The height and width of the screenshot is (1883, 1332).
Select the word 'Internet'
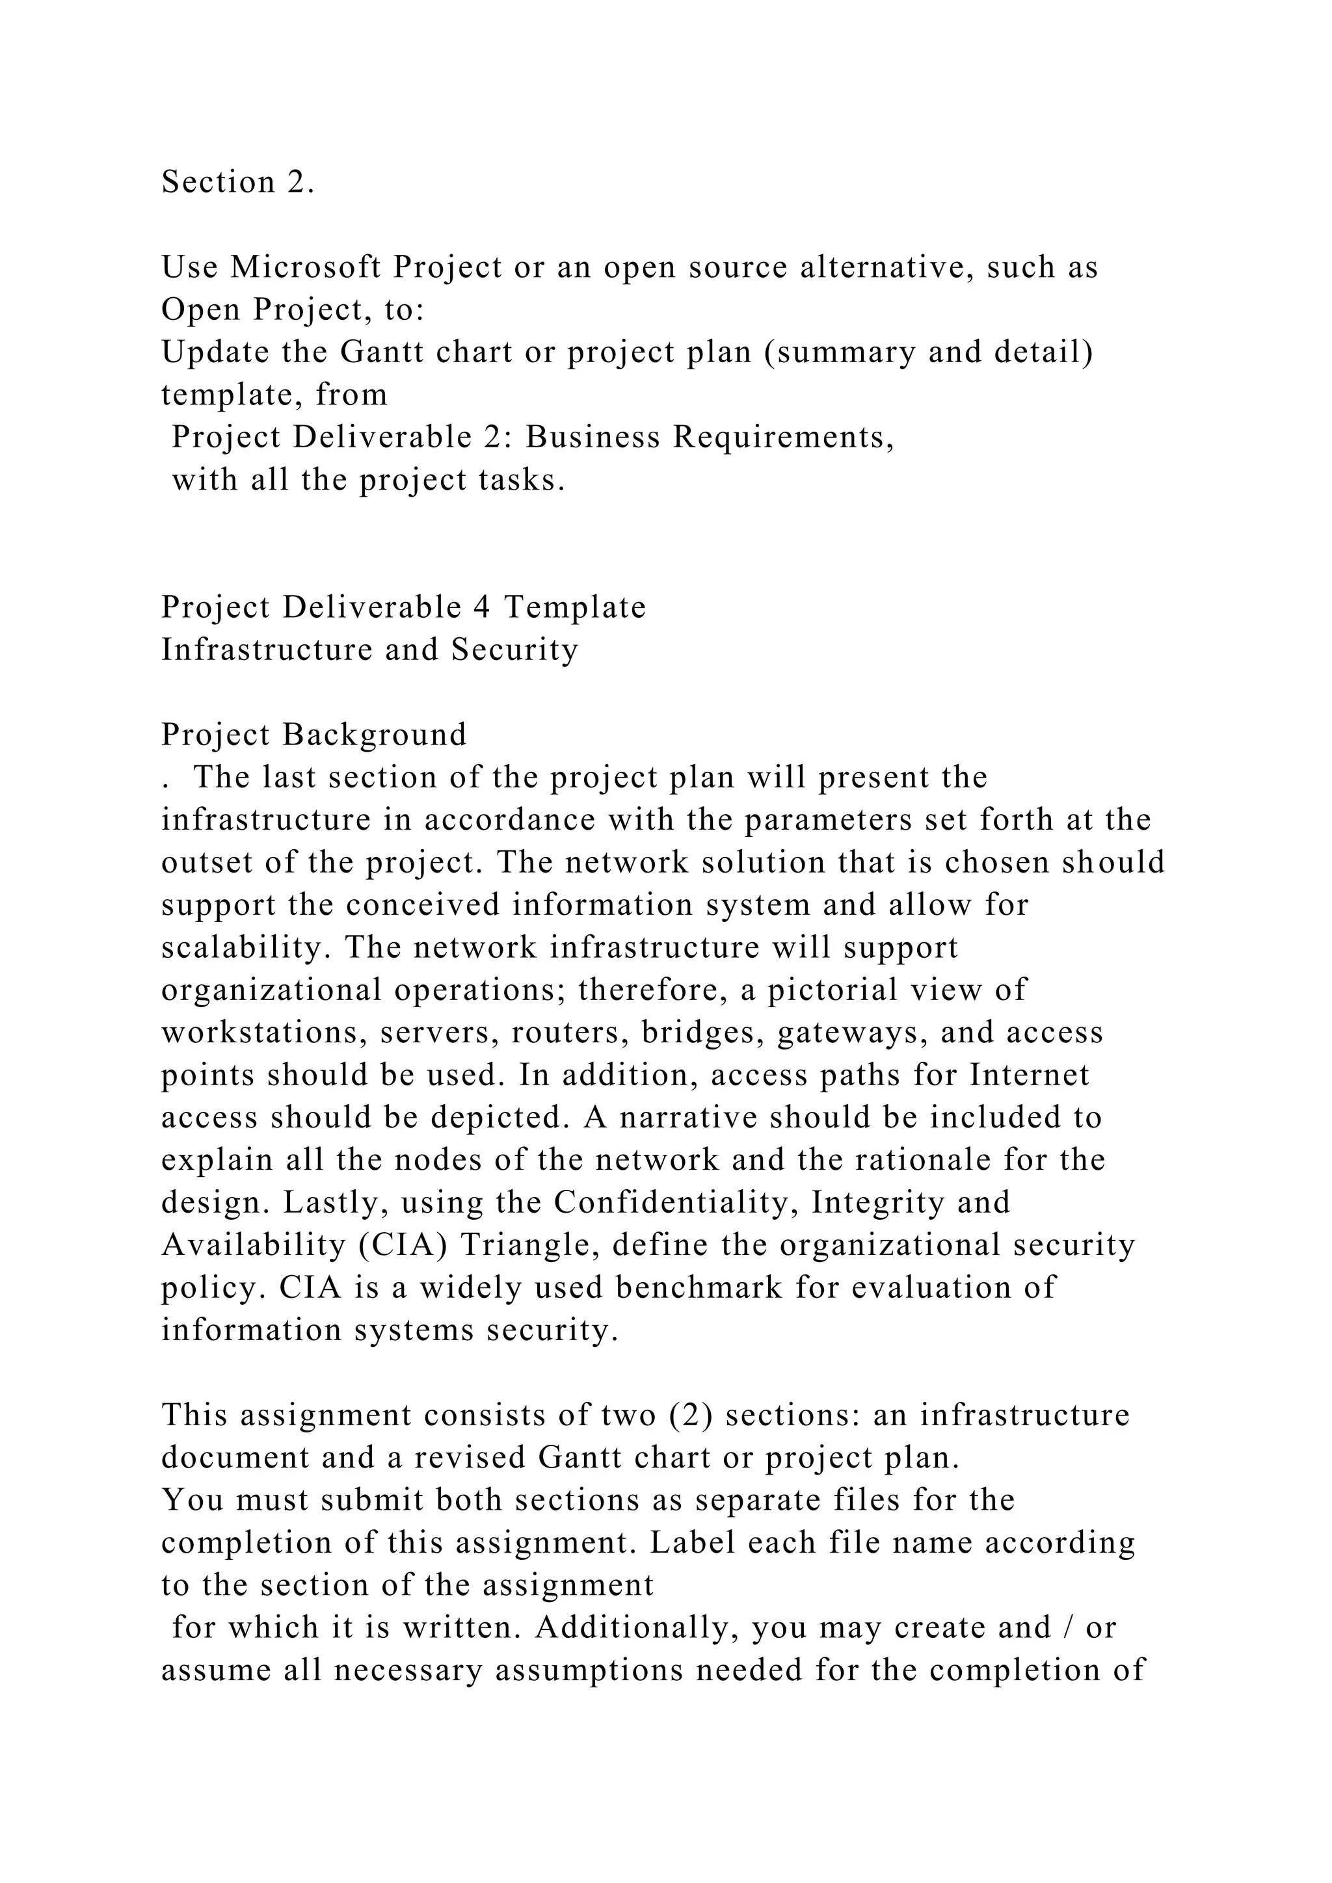click(x=1030, y=1075)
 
